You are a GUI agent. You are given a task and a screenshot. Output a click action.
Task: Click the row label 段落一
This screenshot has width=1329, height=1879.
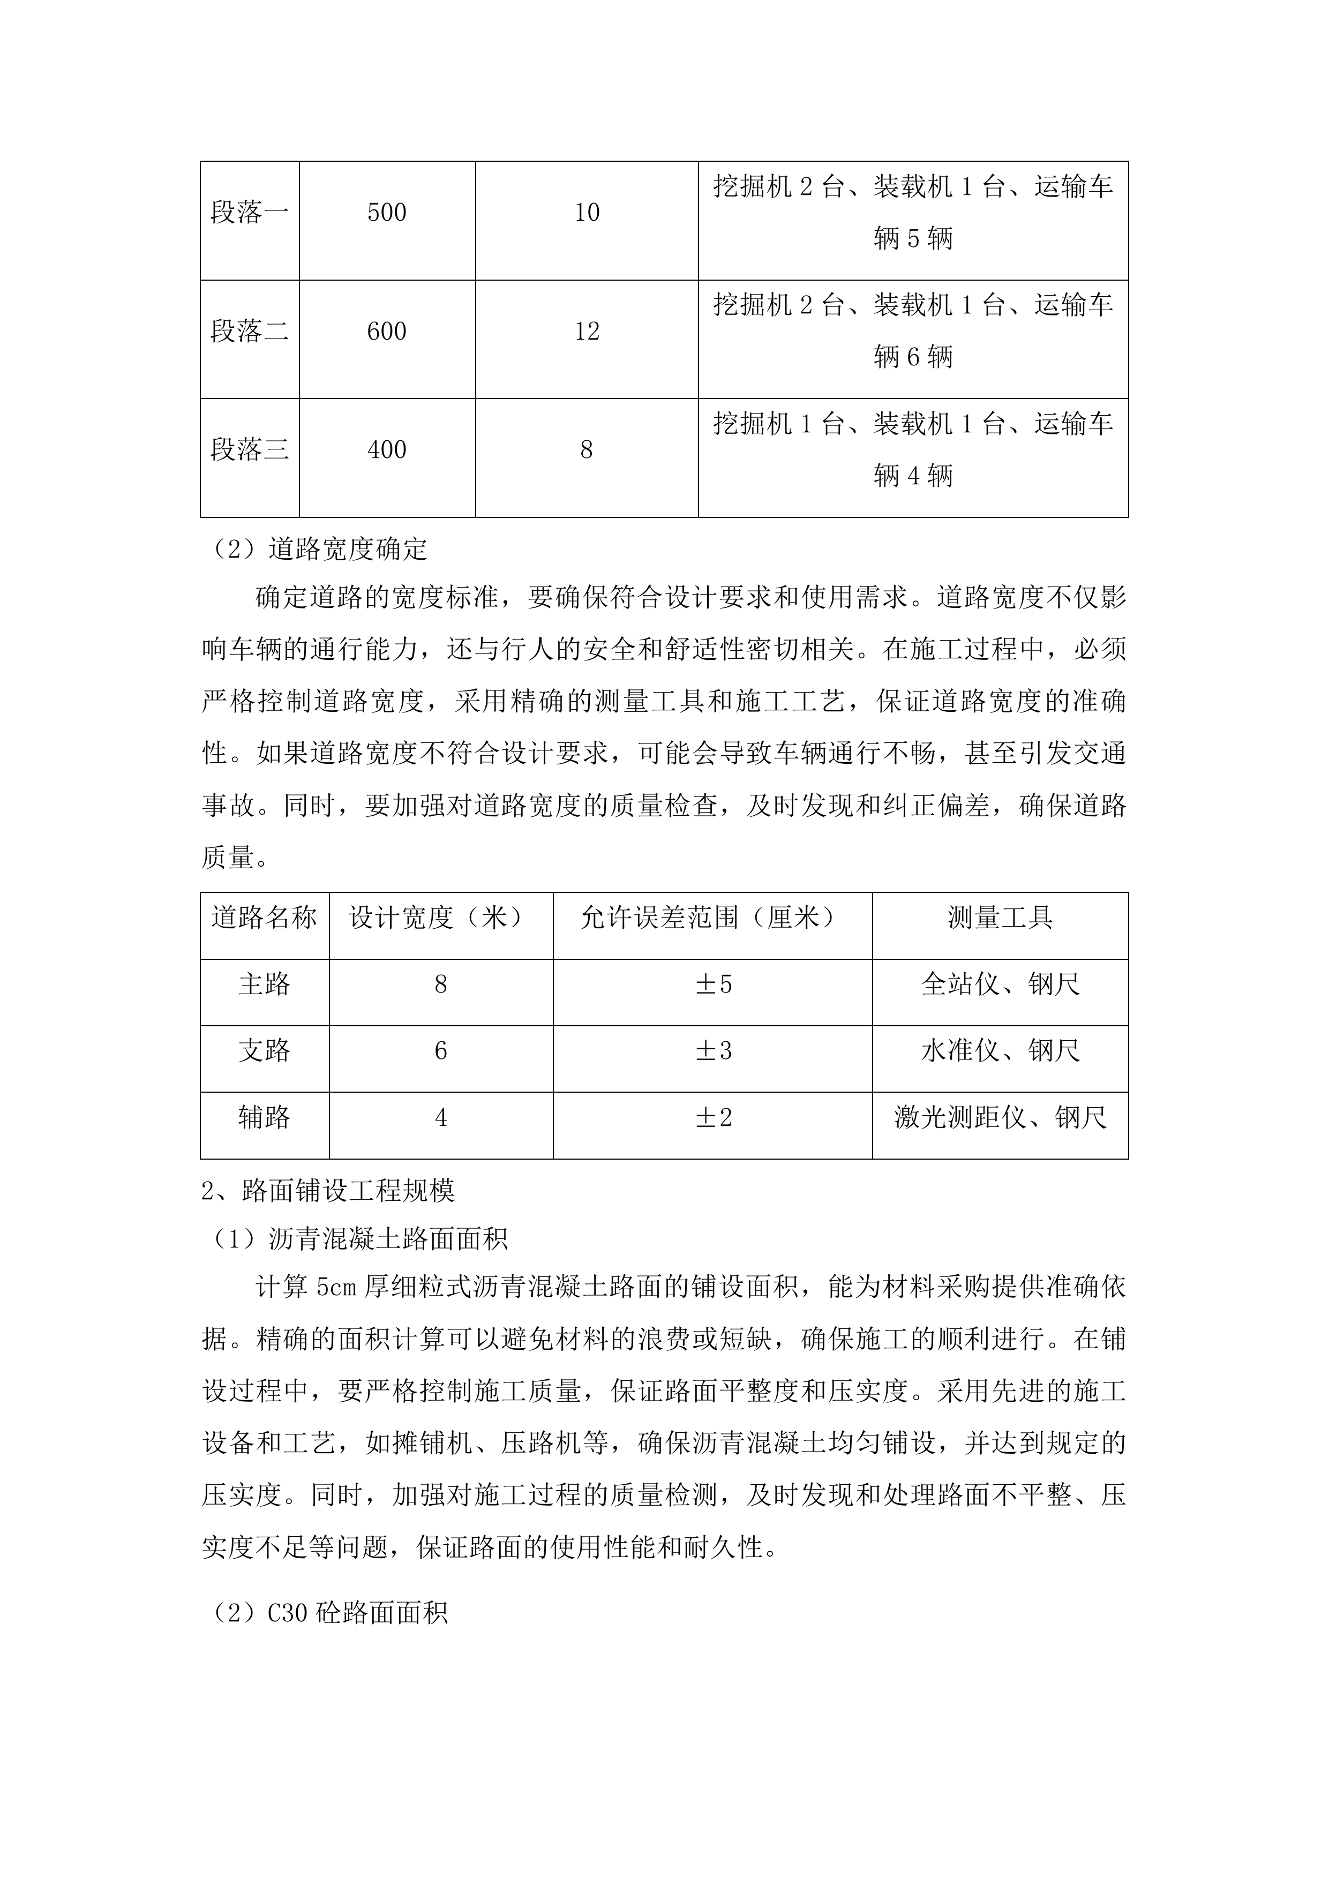click(250, 213)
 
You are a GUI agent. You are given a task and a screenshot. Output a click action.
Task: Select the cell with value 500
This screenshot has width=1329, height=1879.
click(387, 213)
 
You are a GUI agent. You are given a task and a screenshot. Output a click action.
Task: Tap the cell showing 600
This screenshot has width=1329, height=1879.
click(387, 332)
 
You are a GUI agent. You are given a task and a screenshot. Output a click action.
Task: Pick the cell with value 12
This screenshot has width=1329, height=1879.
click(587, 332)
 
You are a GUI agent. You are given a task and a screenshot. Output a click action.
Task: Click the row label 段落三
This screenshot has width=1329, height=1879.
click(250, 450)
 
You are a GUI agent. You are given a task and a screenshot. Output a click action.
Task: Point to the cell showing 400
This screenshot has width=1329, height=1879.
click(387, 450)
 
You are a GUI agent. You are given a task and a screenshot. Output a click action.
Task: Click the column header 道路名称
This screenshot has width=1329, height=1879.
click(264, 918)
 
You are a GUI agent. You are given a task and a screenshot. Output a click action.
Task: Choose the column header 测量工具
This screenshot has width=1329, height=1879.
click(1000, 918)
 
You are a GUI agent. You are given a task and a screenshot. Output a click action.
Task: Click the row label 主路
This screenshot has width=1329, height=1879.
click(264, 984)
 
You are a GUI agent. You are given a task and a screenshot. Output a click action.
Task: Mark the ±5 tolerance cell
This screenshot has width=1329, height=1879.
click(713, 984)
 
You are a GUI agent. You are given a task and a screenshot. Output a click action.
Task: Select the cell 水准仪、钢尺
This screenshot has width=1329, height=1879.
click(1000, 1051)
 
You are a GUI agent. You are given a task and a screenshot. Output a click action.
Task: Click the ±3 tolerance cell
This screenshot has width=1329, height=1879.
click(713, 1051)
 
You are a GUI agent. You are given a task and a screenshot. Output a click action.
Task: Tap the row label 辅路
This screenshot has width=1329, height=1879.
click(264, 1117)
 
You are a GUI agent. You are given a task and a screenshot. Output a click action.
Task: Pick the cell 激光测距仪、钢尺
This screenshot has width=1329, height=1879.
click(1000, 1117)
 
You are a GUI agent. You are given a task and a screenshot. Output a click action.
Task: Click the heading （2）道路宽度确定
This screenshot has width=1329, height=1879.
click(315, 549)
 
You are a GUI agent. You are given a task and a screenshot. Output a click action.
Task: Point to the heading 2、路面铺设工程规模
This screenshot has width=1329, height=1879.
click(327, 1191)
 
